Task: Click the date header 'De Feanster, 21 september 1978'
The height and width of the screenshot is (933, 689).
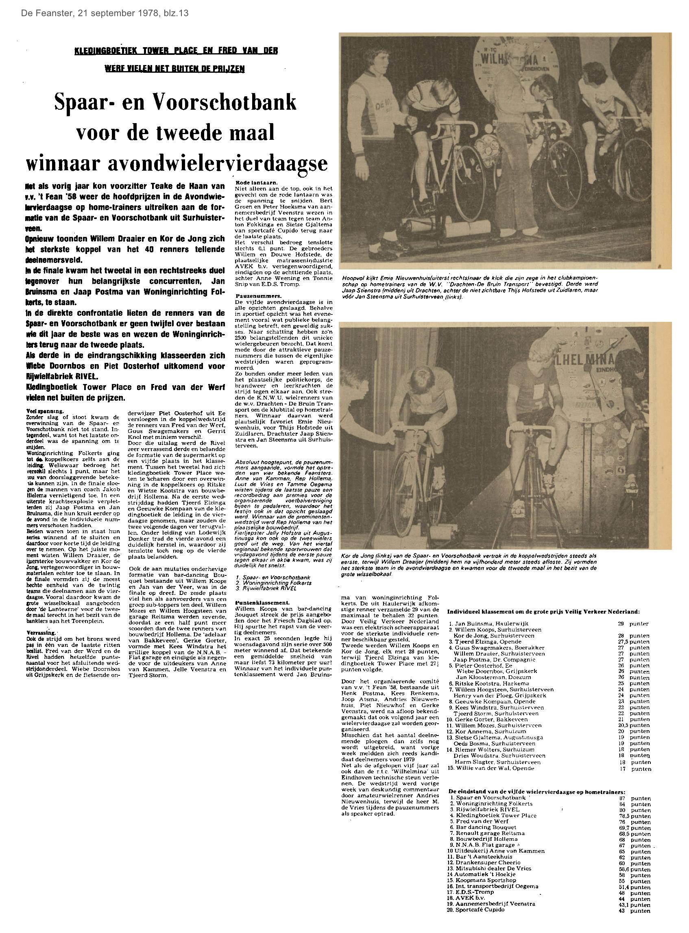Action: [104, 13]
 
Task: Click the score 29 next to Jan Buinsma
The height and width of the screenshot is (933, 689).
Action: [621, 624]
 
